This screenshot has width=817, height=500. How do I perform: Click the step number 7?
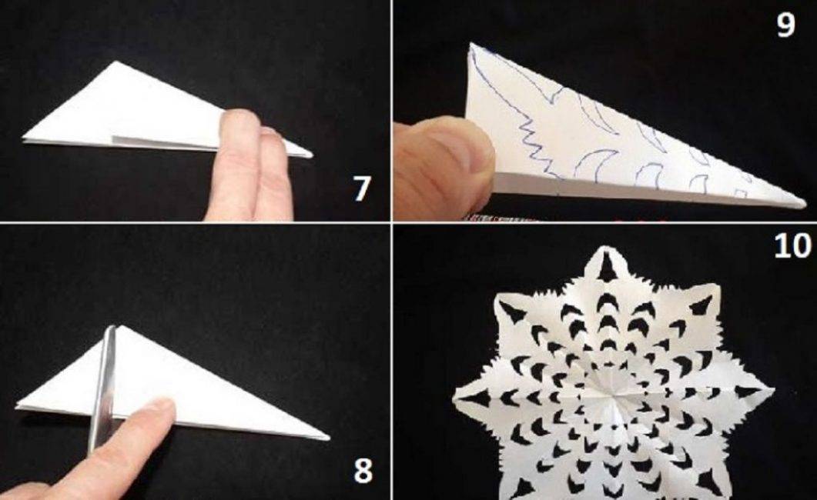click(362, 188)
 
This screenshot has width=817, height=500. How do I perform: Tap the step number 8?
click(363, 470)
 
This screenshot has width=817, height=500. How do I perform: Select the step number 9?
click(785, 24)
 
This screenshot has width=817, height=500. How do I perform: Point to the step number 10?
click(792, 245)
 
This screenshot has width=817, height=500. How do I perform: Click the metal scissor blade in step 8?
click(102, 388)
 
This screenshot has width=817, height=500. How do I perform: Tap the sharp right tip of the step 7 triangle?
click(312, 155)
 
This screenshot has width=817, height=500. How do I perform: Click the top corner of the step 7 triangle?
click(116, 62)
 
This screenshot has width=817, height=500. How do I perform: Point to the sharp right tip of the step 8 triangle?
click(328, 438)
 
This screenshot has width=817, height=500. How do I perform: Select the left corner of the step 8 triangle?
click(17, 406)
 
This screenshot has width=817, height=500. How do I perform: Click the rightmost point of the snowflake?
click(772, 389)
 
